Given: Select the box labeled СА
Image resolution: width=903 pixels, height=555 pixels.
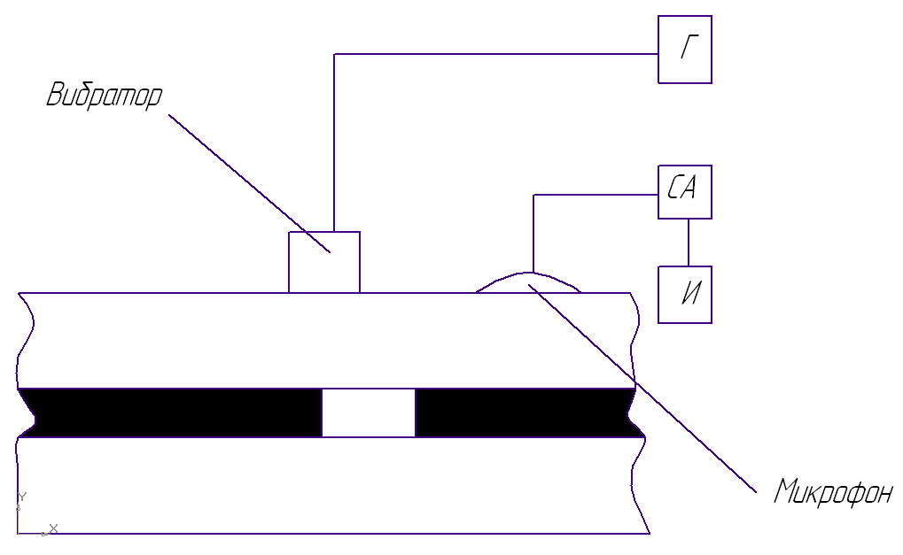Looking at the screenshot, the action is [684, 191].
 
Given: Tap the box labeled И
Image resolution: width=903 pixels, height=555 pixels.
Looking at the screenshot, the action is [684, 295].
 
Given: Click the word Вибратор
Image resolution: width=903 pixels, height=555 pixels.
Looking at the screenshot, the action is [105, 96].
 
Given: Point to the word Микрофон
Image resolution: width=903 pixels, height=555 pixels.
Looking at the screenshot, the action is [832, 491].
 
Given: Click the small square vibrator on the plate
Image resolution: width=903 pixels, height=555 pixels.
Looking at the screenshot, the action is [324, 262].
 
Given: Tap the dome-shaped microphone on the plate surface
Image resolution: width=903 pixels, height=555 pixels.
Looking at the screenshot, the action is [529, 283].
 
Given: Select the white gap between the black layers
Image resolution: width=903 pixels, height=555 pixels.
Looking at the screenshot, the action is [368, 412].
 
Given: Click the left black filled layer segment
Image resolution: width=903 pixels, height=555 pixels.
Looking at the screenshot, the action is [168, 412].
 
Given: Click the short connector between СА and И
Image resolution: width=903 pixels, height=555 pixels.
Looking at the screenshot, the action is [689, 242].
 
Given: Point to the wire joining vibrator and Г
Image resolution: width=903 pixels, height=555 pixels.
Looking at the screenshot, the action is [496, 54].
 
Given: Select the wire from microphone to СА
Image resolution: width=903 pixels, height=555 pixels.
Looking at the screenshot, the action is [594, 195].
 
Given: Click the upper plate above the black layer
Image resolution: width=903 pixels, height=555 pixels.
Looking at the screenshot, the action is [177, 341].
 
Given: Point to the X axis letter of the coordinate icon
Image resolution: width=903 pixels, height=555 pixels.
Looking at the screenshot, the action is [54, 528].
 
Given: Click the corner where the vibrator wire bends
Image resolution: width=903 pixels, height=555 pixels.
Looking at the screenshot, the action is [334, 55].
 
